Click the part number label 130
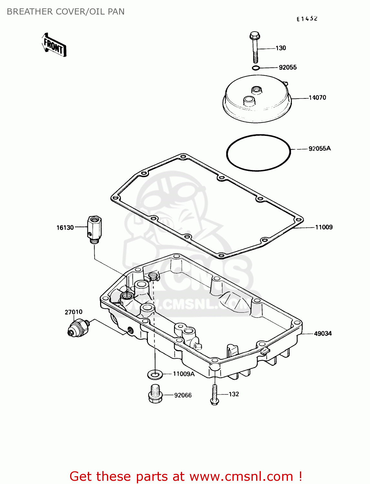point(281,48)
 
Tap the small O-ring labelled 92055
point(256,68)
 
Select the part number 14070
point(317,97)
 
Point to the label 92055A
point(320,148)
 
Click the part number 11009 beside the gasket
point(324,227)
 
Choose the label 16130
point(65,228)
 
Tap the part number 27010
point(74,312)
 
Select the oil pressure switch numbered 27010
point(78,327)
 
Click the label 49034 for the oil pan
point(323,333)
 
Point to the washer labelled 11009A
point(155,375)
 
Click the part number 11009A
point(184,374)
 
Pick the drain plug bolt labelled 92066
point(155,394)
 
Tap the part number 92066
point(183,395)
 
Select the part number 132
point(234,394)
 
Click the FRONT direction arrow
point(54,45)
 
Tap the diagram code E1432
point(307,19)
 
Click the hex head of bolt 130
point(255,35)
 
